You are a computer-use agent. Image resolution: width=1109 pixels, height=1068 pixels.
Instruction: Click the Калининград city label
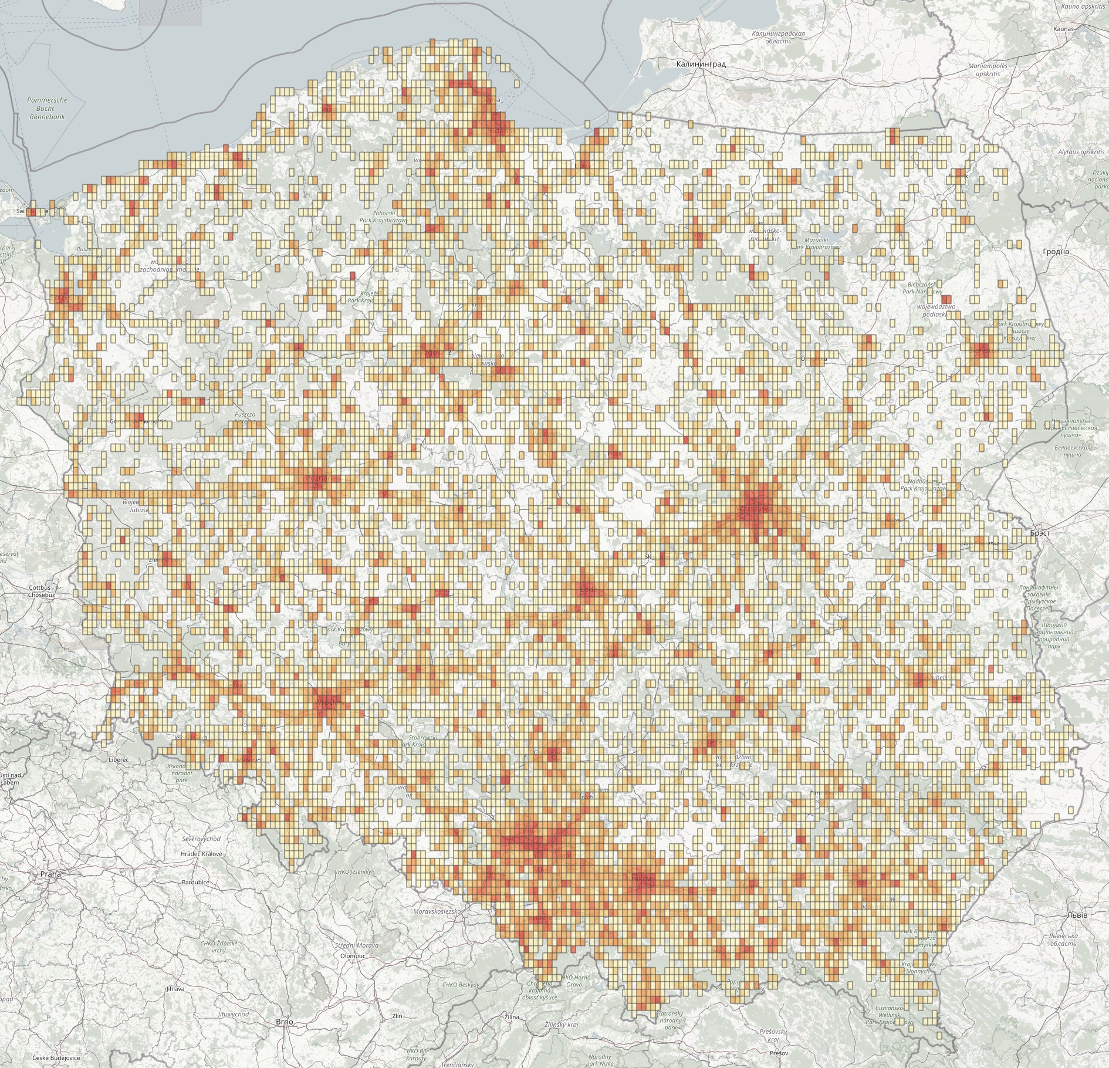pyautogui.click(x=700, y=64)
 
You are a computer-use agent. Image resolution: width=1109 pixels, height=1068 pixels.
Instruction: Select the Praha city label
pyautogui.click(x=50, y=874)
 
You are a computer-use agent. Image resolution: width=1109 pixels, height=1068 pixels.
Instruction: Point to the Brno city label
pyautogui.click(x=284, y=1022)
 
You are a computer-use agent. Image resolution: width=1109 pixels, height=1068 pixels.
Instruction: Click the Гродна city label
pyautogui.click(x=1056, y=252)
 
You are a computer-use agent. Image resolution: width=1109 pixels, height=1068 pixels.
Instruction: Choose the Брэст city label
pyautogui.click(x=1040, y=533)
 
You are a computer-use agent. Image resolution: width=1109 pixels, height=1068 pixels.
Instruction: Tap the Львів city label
pyautogui.click(x=1077, y=915)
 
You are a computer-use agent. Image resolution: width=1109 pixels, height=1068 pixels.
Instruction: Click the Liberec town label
pyautogui.click(x=119, y=759)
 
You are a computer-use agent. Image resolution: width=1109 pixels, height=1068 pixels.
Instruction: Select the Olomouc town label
pyautogui.click(x=353, y=955)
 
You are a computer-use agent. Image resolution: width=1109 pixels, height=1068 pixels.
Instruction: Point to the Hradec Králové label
pyautogui.click(x=202, y=854)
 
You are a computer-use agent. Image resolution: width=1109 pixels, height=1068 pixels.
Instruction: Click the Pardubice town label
pyautogui.click(x=196, y=882)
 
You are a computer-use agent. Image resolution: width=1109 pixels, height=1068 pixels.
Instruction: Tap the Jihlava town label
pyautogui.click(x=175, y=989)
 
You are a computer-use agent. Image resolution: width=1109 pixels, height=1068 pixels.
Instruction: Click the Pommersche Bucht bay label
pyautogui.click(x=47, y=108)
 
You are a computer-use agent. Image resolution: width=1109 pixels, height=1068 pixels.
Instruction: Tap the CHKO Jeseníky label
pyautogui.click(x=353, y=872)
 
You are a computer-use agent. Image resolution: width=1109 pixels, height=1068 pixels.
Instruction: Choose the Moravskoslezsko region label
pyautogui.click(x=437, y=911)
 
